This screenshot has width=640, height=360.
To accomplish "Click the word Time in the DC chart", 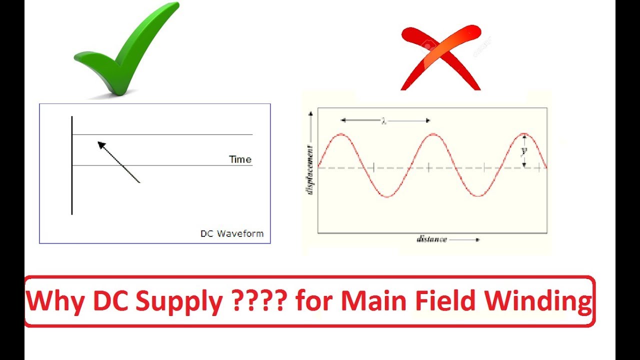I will click(x=240, y=159).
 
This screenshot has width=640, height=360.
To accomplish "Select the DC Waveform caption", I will click(x=231, y=233).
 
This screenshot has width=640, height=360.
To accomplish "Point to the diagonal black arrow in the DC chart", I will click(x=118, y=162).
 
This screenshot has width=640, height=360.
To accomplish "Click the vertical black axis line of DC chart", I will click(x=72, y=165).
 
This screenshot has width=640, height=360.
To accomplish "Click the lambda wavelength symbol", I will click(x=384, y=121).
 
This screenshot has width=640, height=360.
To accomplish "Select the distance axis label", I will click(x=432, y=239).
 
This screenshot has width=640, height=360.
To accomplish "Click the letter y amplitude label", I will click(x=524, y=150).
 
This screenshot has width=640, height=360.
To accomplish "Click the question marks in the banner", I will click(x=259, y=301).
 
